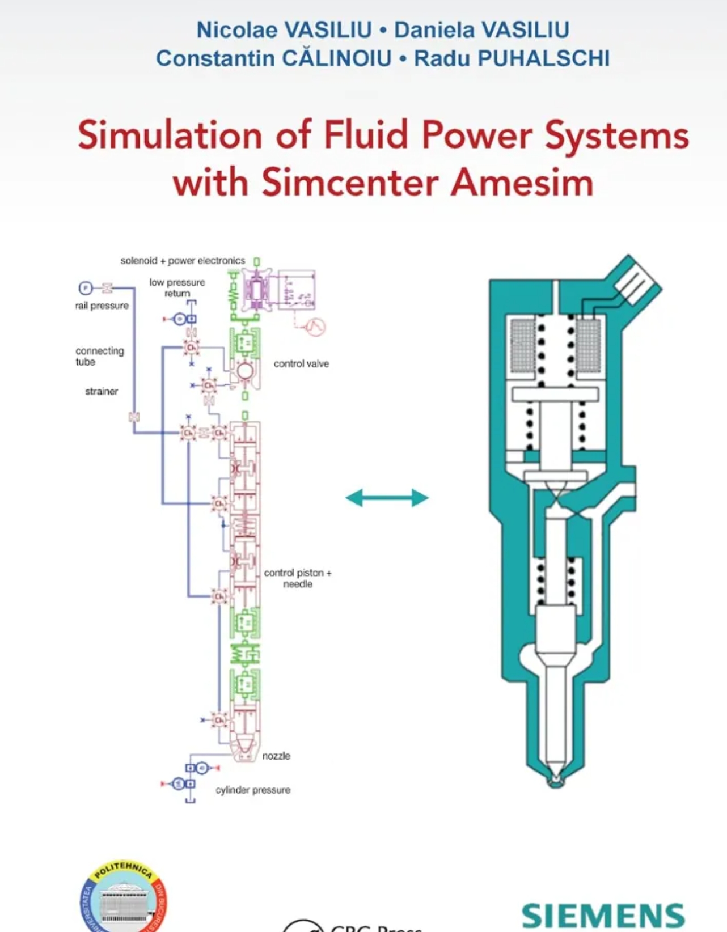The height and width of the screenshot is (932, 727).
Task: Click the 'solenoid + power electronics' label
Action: click(183, 261)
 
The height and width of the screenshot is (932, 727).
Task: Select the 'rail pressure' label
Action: click(102, 306)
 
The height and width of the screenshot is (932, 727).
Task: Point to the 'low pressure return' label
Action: click(177, 287)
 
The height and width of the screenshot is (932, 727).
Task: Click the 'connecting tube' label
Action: click(100, 356)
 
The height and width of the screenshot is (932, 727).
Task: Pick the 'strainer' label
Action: click(102, 391)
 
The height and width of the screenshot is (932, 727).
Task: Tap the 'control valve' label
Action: click(301, 363)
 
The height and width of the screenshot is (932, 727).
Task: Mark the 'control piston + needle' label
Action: click(298, 578)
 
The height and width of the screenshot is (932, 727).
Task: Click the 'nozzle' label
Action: click(276, 756)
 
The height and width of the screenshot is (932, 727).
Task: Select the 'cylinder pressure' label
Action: click(253, 790)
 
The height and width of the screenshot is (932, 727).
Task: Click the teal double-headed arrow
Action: click(387, 498)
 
